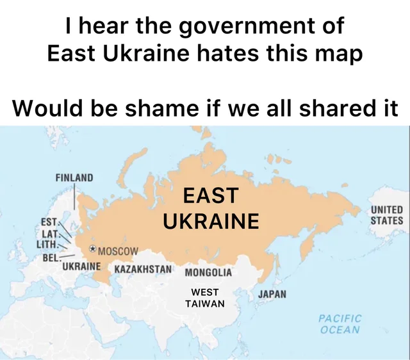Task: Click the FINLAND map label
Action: pyautogui.click(x=74, y=177)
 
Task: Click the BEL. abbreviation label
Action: pyautogui.click(x=51, y=257)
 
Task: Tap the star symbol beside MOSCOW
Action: pyautogui.click(x=93, y=249)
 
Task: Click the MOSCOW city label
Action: pyautogui.click(x=114, y=250)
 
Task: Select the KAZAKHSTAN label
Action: pyautogui.click(x=143, y=268)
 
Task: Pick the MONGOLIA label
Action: pyautogui.click(x=208, y=272)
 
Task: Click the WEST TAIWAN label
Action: pyautogui.click(x=205, y=298)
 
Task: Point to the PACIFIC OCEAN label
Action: pyautogui.click(x=340, y=324)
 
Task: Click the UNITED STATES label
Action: pyautogui.click(x=387, y=215)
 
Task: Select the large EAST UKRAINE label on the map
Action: pyautogui.click(x=211, y=208)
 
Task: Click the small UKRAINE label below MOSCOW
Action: pyautogui.click(x=81, y=265)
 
